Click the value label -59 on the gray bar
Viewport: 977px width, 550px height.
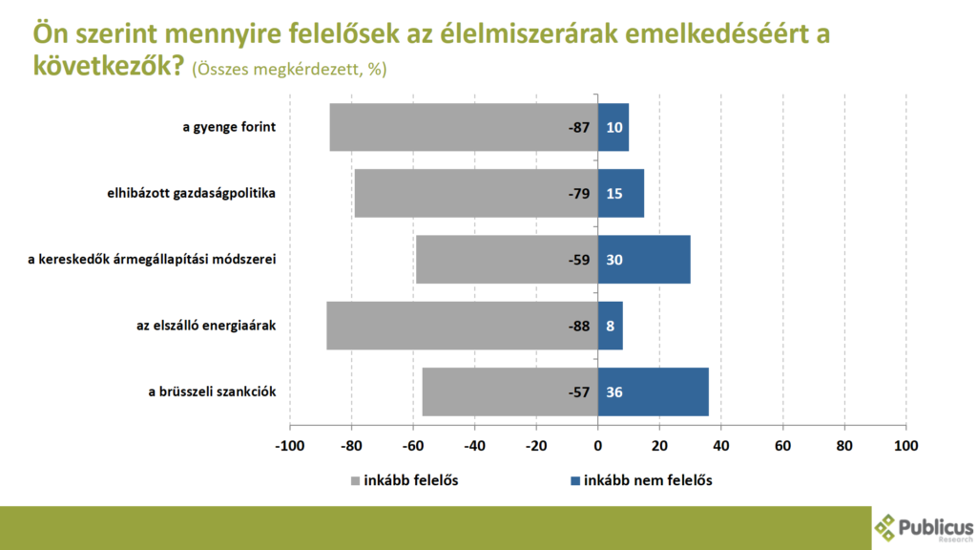(578, 260)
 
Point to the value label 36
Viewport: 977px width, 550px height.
(614, 391)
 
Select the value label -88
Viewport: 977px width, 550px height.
(578, 326)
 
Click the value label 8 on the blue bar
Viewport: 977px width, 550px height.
(611, 326)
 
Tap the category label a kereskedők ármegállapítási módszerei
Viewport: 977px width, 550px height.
(152, 260)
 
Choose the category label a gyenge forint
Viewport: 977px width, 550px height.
(229, 127)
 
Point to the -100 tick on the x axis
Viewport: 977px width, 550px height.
(289, 445)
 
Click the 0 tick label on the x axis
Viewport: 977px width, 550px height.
(598, 445)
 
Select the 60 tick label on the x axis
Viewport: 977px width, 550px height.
(782, 445)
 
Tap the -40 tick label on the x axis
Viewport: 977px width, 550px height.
(474, 445)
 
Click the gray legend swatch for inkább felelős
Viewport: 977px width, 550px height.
(355, 480)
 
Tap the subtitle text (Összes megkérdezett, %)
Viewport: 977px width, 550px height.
(289, 69)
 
